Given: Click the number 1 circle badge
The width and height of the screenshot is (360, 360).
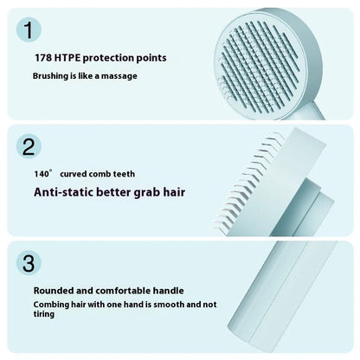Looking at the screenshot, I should [29, 32].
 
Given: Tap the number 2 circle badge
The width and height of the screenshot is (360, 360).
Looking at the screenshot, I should [29, 145].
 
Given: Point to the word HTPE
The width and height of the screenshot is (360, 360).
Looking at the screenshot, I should [70, 58].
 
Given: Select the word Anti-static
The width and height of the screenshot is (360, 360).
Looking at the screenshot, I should [67, 192].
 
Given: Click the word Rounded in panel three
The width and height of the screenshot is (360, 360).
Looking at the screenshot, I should [56, 290].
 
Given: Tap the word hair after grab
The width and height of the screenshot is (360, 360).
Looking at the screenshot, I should [172, 192].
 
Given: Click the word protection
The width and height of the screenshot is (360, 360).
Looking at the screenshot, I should [112, 58].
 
